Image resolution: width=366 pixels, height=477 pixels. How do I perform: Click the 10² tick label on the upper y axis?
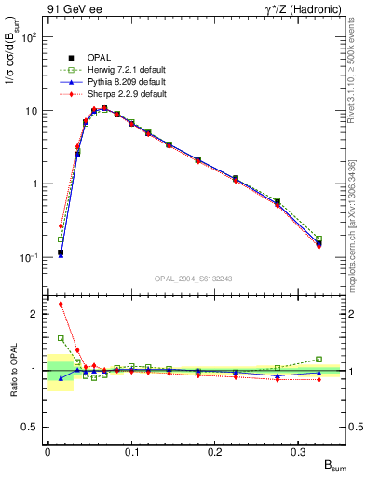(30, 38)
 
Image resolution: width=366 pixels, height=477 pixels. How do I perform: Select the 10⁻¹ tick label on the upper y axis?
(29, 257)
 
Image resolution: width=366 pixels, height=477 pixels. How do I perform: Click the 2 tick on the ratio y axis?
(35, 314)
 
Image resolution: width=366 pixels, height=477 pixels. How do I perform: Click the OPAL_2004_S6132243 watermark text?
(194, 278)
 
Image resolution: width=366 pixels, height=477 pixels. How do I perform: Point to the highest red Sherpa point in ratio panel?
(61, 304)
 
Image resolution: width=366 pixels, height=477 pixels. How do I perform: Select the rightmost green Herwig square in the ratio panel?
(319, 360)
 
